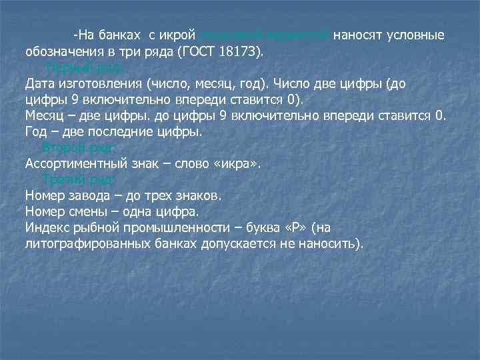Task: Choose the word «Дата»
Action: (x=40, y=84)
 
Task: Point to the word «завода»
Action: (x=93, y=197)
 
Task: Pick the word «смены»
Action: (x=91, y=213)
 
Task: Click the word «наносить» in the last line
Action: (x=331, y=245)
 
